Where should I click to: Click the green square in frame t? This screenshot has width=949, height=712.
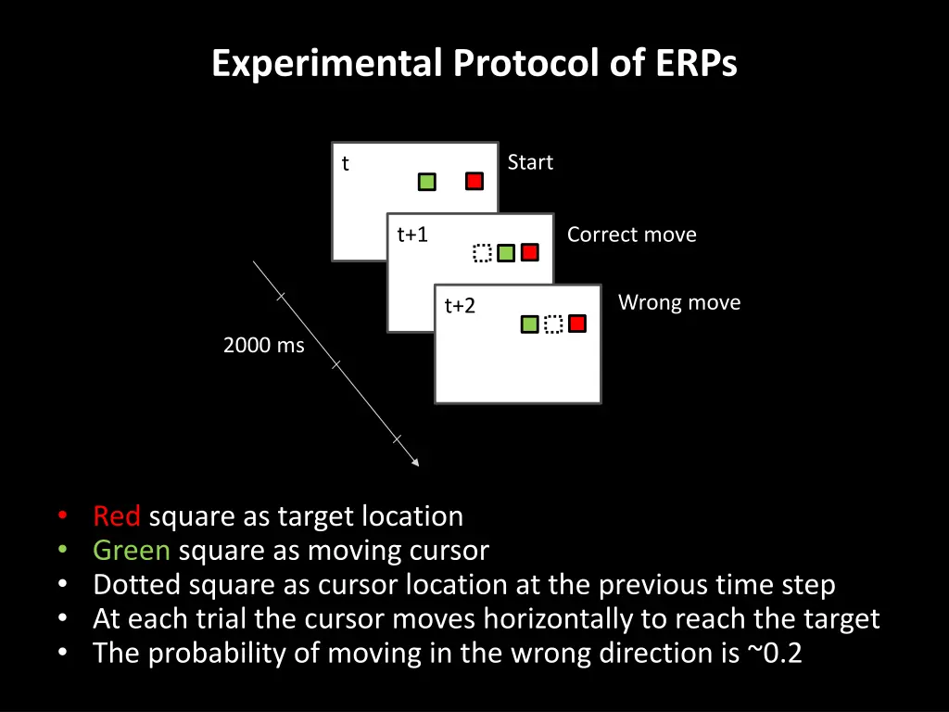coord(426,182)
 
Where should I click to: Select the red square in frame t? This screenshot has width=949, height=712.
coord(474,181)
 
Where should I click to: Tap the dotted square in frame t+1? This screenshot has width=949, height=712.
coord(481,252)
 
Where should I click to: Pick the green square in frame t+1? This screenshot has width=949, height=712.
coord(506,252)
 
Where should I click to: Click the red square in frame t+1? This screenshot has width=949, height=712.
coord(530,251)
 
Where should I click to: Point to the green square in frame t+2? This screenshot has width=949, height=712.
coord(529,324)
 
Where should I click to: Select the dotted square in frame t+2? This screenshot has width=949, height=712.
coord(553,324)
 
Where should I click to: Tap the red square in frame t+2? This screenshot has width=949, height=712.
coord(577,323)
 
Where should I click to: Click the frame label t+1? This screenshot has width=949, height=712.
coord(412,235)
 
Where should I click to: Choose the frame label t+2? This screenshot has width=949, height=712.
coord(460,306)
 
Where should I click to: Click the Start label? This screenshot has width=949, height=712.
coord(530,162)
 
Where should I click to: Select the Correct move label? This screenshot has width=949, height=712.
coord(631,235)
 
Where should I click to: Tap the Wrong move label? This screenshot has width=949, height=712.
coord(678,302)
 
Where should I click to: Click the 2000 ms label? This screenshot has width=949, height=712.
coord(263,345)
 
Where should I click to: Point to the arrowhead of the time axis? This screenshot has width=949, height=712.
coord(415,463)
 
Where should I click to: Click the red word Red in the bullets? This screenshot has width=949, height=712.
coord(117,515)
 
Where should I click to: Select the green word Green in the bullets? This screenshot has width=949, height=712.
coord(132,551)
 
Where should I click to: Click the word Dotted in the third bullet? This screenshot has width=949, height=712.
coord(137,585)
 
